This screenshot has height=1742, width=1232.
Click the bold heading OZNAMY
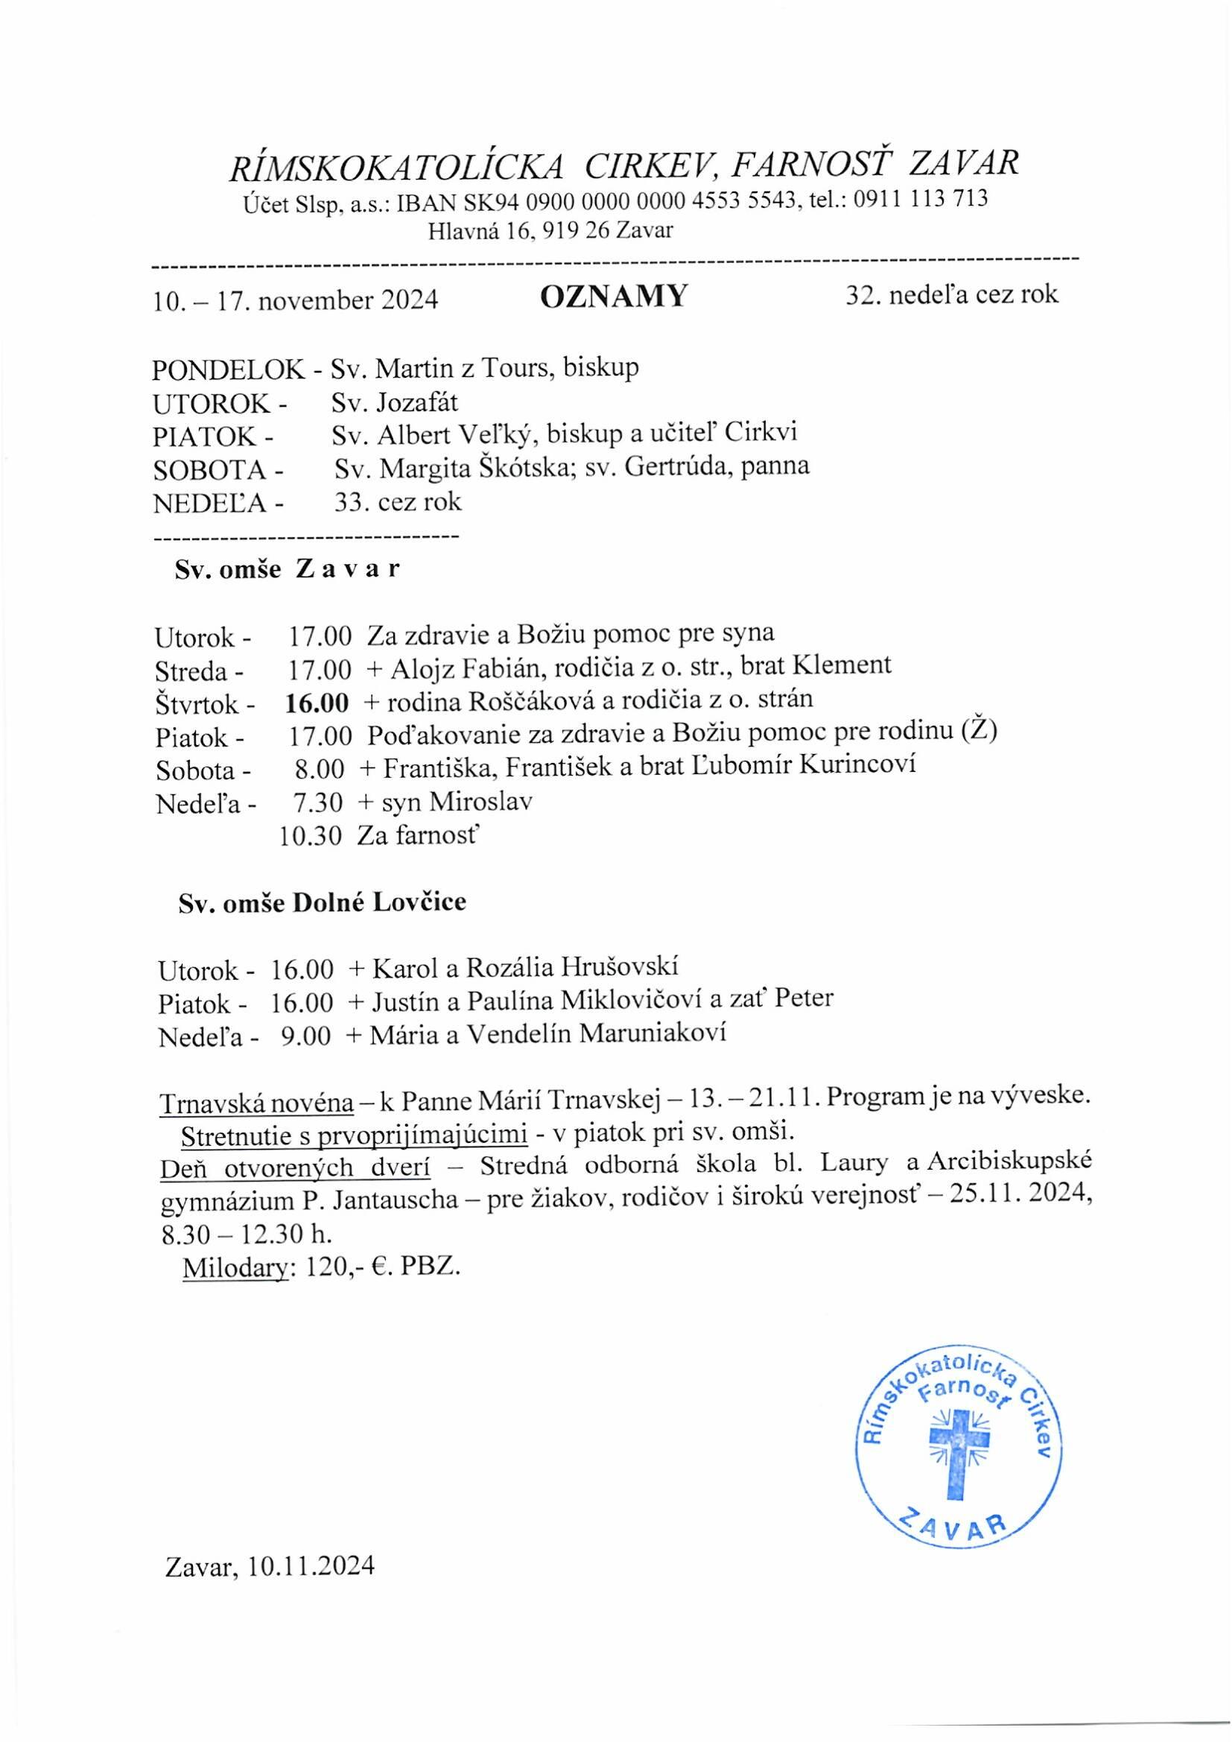(x=613, y=296)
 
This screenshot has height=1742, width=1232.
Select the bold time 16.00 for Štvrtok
(x=317, y=703)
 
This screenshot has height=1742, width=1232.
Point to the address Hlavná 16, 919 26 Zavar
(x=550, y=230)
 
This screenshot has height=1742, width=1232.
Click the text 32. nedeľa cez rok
(x=951, y=294)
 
